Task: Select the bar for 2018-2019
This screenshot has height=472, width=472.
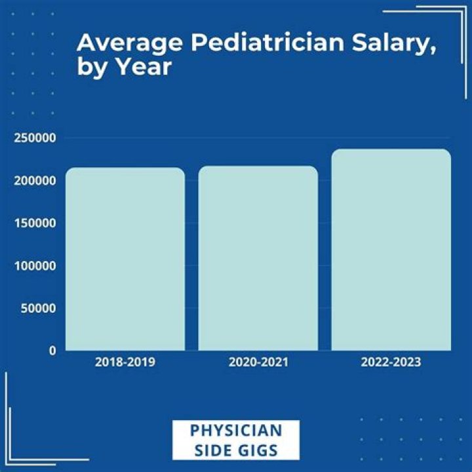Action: (125, 259)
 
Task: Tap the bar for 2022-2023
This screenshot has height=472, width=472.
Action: (391, 250)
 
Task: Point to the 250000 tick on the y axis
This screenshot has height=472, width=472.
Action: (33, 138)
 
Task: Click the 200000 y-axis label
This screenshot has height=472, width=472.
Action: (33, 180)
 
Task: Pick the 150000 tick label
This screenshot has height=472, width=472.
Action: (33, 223)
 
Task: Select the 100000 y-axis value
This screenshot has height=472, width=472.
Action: (33, 265)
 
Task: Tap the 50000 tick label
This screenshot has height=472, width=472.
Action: (37, 308)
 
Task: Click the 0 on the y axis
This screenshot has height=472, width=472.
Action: (52, 351)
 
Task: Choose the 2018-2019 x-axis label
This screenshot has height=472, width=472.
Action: (125, 362)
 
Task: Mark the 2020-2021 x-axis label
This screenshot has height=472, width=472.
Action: (258, 362)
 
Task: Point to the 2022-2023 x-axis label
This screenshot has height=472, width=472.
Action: (391, 362)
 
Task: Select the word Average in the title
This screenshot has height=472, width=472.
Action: (123, 43)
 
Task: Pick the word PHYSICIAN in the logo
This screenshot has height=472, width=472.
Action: (236, 431)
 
